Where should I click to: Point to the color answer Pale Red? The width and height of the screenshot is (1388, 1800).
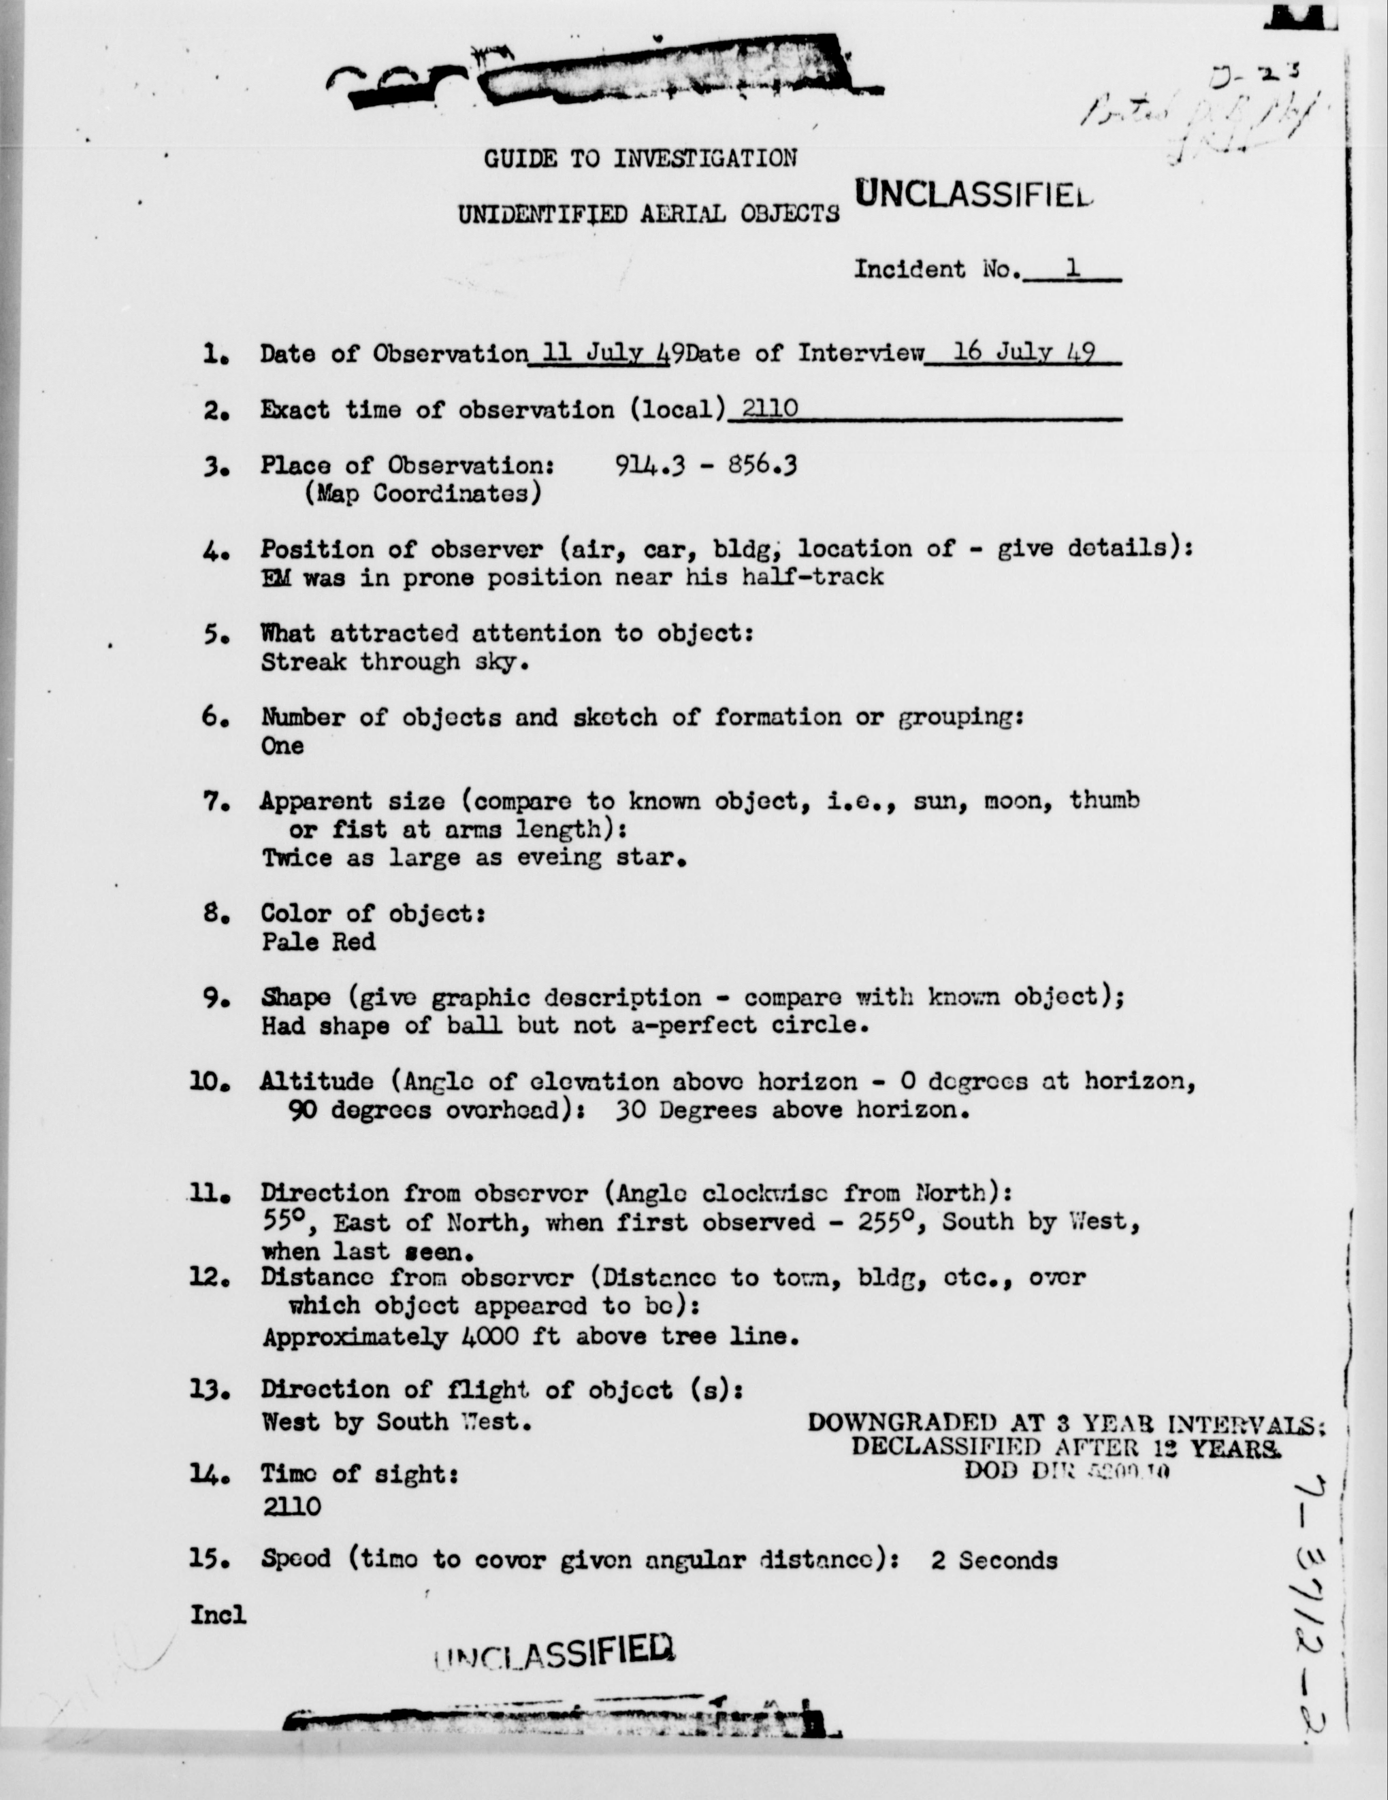[x=318, y=941]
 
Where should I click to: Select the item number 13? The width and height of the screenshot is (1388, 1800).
[x=209, y=1391]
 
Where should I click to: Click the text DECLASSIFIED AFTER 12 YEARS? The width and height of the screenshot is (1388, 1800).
[x=1066, y=1447]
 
